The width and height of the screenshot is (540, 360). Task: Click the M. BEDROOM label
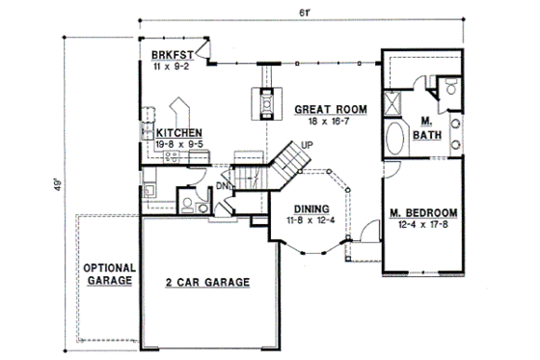423,212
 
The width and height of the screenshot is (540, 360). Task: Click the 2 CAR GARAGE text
206,282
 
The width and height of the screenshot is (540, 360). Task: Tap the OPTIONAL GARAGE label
107,274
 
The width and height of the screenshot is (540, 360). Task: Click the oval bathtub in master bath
397,138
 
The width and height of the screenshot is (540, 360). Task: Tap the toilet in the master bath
450,89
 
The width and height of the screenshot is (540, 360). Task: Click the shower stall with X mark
395,103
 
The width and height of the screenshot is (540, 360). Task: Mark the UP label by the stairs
308,145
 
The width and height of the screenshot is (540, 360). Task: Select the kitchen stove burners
171,153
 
